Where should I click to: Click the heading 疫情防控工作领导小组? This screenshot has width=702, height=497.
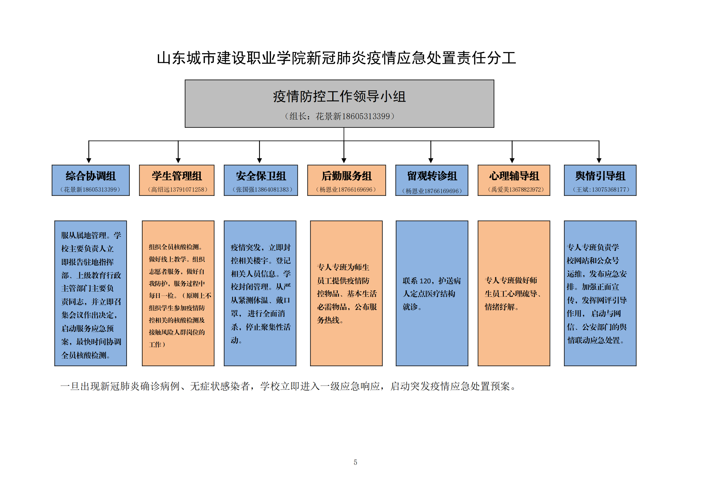click(x=339, y=96)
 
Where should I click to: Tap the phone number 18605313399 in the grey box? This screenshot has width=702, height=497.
click(x=366, y=116)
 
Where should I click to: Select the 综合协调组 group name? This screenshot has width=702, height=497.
click(x=91, y=176)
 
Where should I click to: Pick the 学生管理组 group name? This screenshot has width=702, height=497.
click(x=177, y=176)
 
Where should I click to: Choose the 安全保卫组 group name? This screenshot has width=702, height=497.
click(x=261, y=176)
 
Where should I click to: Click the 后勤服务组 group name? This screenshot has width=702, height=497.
click(x=346, y=176)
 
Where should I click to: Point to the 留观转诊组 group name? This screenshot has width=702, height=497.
click(x=432, y=176)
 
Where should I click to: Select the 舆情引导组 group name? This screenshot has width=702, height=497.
click(x=600, y=176)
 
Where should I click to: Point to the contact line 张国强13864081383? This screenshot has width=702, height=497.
click(x=262, y=190)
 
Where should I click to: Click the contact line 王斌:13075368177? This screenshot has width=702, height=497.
click(x=601, y=190)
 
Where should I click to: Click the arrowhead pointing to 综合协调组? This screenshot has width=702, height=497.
click(x=89, y=161)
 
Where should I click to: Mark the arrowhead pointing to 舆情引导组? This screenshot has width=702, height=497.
click(x=599, y=161)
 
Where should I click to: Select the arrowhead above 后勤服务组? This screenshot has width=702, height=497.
click(x=344, y=161)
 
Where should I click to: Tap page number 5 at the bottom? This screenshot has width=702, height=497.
click(x=355, y=462)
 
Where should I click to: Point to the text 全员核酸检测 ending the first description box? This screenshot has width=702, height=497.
click(x=84, y=355)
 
